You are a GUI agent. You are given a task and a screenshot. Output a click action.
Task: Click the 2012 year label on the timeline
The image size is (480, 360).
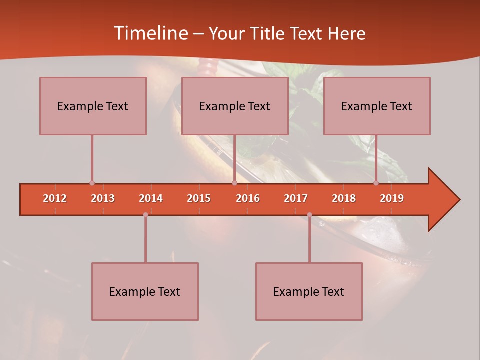pos(55,198)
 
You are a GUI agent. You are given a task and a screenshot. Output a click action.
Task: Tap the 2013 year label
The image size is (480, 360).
pos(103,198)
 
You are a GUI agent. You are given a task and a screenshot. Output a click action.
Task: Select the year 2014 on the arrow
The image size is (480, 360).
pos(151,198)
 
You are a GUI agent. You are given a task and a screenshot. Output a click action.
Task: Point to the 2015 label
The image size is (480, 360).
pos(199,198)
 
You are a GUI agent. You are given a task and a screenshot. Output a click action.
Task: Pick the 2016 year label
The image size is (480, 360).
pos(248,198)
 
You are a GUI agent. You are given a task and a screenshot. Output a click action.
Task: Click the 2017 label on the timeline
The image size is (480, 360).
pos(296,198)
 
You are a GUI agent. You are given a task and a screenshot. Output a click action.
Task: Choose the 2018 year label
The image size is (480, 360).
pos(344,198)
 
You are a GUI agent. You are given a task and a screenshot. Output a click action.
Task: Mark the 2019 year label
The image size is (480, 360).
pos(392,198)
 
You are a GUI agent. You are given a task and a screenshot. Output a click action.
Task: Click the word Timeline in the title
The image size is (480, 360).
pos(150,33)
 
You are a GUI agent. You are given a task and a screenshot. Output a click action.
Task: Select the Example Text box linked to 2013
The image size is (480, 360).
pos(93,106)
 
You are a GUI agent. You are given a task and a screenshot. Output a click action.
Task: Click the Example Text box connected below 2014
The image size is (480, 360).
pos(145,291)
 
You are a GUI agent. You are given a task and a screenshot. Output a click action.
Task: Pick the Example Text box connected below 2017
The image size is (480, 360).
pos(309,291)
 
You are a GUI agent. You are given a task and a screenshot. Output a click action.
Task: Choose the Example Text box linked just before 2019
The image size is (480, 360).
pos(377,106)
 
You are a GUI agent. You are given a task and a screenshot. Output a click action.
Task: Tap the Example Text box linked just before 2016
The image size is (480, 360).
pos(235,106)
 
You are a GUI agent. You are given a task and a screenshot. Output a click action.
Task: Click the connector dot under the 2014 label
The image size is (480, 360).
pos(145,215)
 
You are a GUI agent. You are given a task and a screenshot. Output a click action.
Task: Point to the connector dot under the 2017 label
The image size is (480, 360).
pos(309,215)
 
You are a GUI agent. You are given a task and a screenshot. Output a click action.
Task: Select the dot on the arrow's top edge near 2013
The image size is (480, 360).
pos(92,183)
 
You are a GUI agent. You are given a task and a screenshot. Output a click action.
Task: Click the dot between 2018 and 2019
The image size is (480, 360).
pos(376,183)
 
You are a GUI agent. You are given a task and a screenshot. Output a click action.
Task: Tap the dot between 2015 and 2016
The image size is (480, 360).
pos(234,183)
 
